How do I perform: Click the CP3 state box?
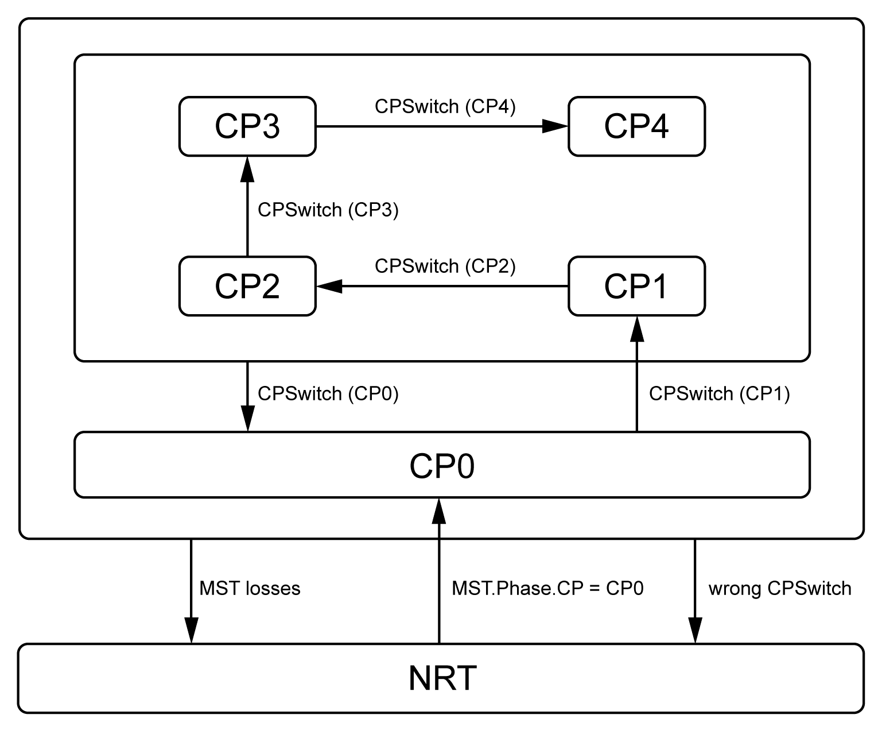click(247, 126)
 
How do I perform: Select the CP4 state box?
click(636, 126)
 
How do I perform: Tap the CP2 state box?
click(247, 286)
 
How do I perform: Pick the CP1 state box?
click(636, 286)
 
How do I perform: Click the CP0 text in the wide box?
click(442, 466)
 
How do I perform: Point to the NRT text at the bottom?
click(442, 678)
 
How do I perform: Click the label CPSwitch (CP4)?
click(445, 107)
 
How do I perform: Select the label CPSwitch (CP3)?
click(328, 210)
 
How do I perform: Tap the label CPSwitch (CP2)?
click(445, 266)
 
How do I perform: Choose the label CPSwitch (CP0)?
click(328, 394)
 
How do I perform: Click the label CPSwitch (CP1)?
click(719, 394)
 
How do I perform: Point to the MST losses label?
click(250, 589)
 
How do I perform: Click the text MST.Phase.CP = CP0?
click(547, 589)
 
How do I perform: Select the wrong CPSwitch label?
click(780, 589)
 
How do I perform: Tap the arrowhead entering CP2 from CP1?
click(329, 286)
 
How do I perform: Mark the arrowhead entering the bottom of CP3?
click(247, 169)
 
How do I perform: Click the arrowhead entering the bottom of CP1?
click(636, 329)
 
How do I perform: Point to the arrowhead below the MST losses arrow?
click(191, 631)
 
